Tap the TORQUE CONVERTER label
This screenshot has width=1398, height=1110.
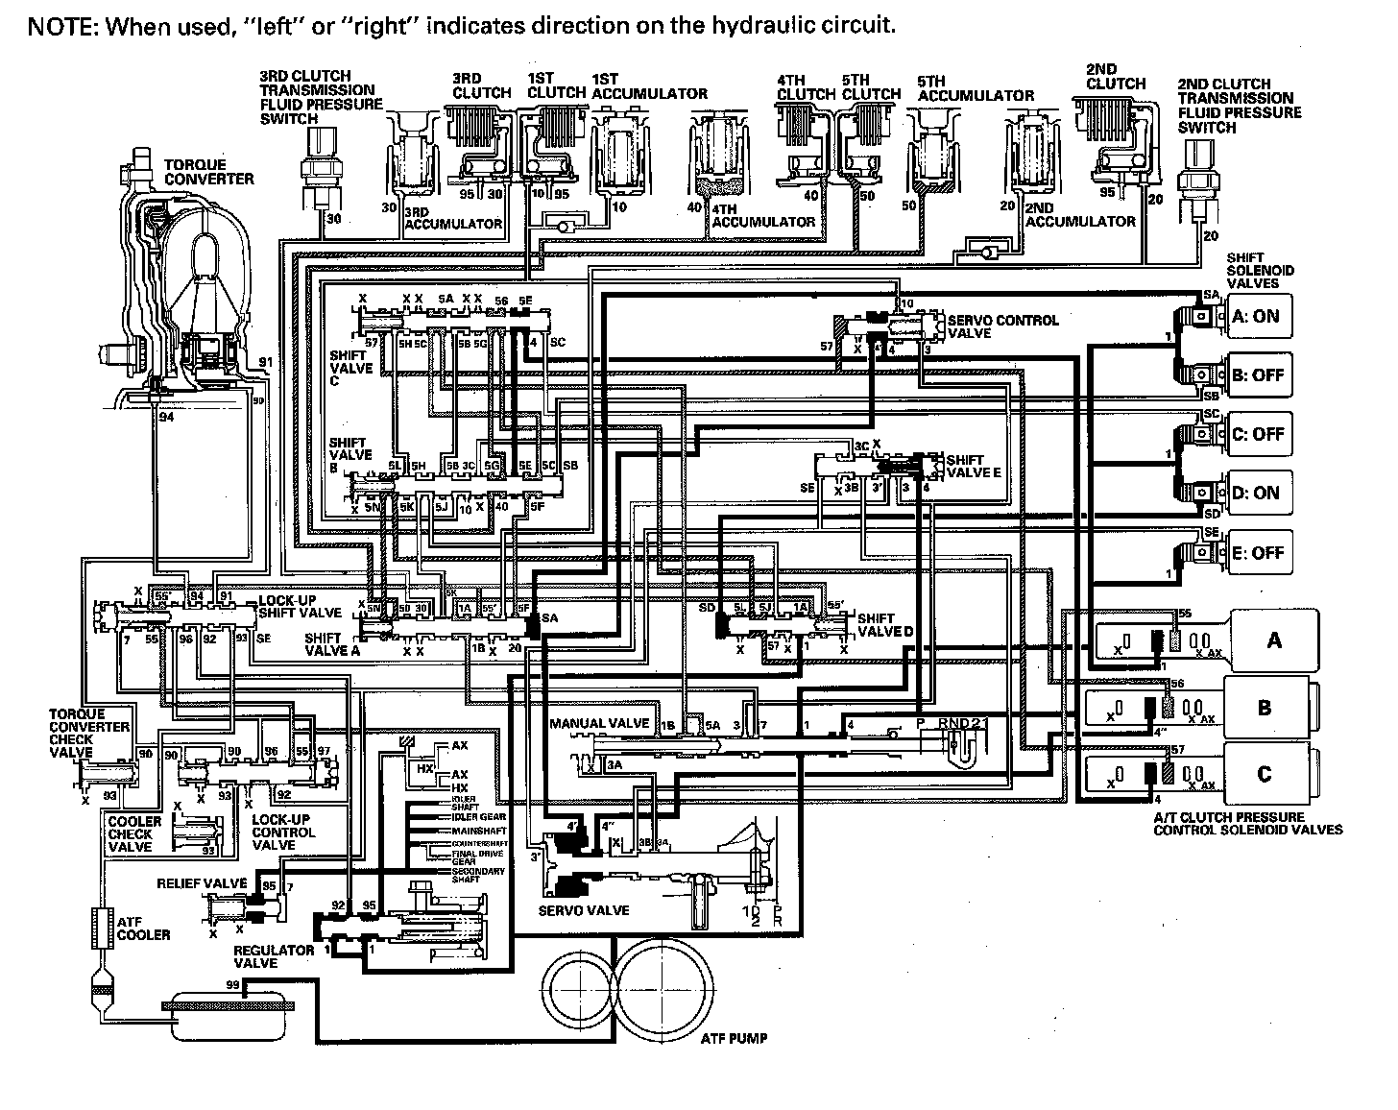pyautogui.click(x=208, y=172)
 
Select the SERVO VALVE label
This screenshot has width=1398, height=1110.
pyautogui.click(x=584, y=909)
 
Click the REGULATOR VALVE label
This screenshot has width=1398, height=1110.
pyautogui.click(x=275, y=955)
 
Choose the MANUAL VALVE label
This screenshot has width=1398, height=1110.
pyautogui.click(x=599, y=723)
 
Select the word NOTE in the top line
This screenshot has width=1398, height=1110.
pyautogui.click(x=62, y=26)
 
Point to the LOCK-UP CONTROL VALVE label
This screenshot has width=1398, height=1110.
pyautogui.click(x=283, y=832)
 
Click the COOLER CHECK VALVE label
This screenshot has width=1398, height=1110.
pyautogui.click(x=134, y=833)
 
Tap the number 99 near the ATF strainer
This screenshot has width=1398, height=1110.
pyautogui.click(x=232, y=985)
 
